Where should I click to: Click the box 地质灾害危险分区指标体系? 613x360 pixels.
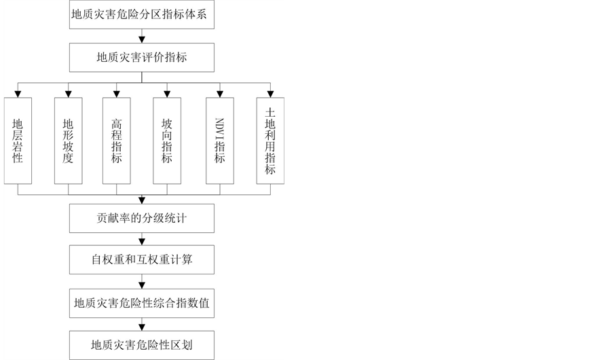click(142, 14)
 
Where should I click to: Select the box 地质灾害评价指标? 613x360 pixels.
click(142, 58)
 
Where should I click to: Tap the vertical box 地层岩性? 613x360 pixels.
click(18, 141)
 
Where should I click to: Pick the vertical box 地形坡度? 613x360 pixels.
click(68, 141)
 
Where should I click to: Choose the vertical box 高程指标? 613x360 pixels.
click(117, 141)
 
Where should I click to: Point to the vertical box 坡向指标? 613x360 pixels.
click(167, 141)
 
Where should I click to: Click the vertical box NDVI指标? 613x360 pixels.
click(220, 141)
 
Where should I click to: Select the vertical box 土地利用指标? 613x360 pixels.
click(270, 141)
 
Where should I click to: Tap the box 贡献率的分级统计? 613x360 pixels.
click(142, 219)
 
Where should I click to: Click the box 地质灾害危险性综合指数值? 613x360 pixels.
click(142, 302)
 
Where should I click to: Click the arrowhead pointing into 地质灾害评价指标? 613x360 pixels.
click(142, 40)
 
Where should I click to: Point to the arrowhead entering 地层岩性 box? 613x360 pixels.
click(18, 94)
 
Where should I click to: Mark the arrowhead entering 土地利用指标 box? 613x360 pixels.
click(270, 94)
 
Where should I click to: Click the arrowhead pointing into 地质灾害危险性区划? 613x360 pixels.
click(142, 327)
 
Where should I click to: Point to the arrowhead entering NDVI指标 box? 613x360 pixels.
click(220, 94)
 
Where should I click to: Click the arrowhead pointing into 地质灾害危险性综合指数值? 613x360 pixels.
click(142, 285)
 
